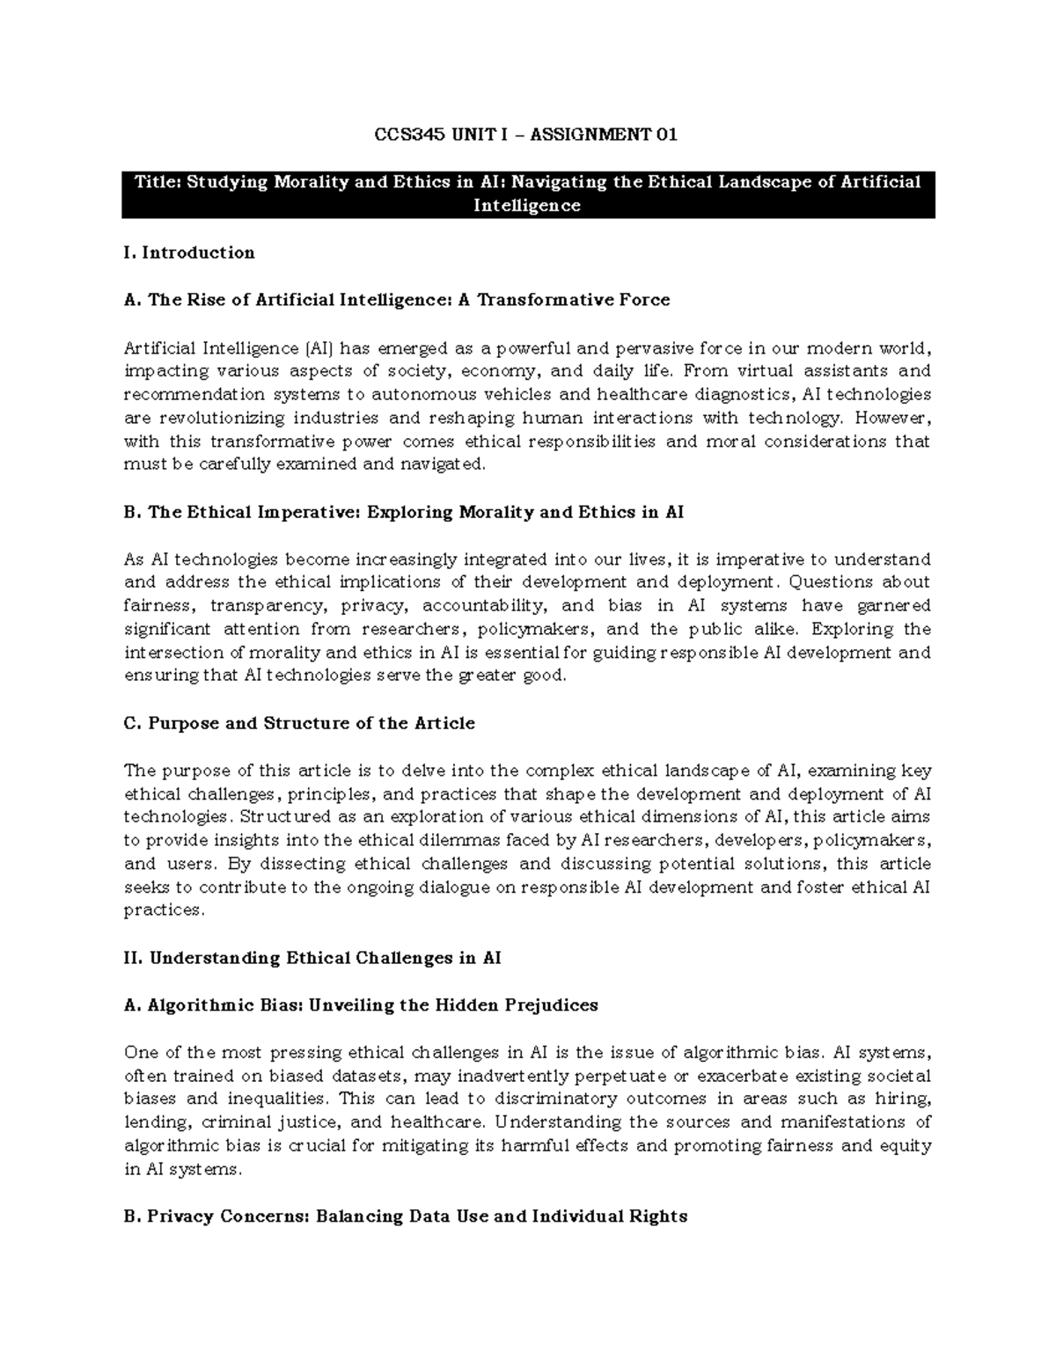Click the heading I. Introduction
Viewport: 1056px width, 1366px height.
point(189,252)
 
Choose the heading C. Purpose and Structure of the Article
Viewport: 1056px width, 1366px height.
point(299,723)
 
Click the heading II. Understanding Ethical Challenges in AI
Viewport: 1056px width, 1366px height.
point(312,958)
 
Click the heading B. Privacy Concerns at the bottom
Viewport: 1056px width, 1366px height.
point(405,1216)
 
